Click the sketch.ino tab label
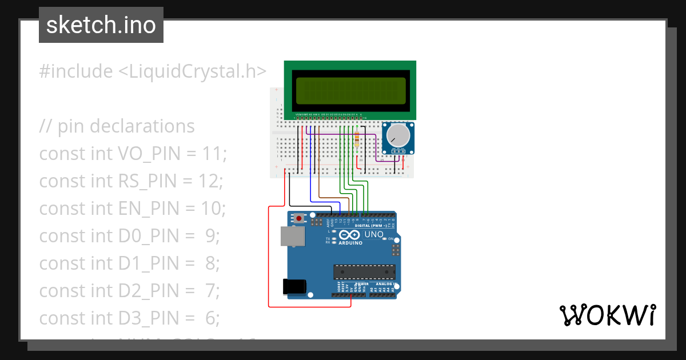101,25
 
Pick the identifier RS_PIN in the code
147,181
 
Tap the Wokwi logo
607,315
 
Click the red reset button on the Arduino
298,218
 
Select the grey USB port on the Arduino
291,236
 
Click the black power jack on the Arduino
294,286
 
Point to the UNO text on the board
374,234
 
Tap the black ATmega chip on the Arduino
364,273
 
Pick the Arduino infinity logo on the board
349,235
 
